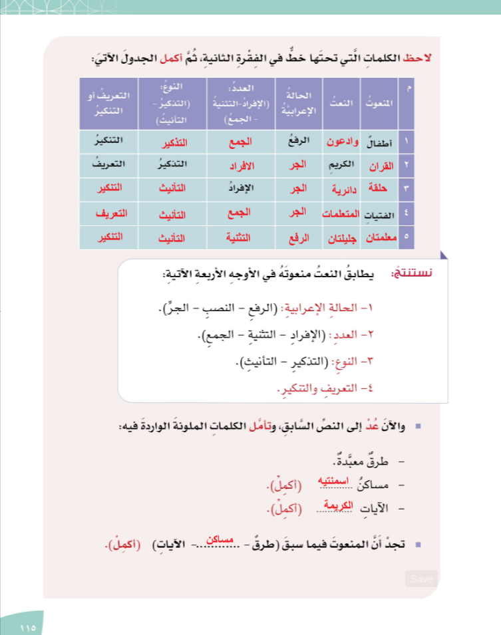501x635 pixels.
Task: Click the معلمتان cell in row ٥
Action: pyautogui.click(x=379, y=238)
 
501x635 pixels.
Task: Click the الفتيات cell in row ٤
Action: pyautogui.click(x=380, y=214)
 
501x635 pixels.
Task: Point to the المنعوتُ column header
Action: pyautogui.click(x=379, y=103)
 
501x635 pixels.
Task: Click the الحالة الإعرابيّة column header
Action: pyautogui.click(x=298, y=103)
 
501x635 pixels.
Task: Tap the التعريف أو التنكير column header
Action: pyautogui.click(x=108, y=103)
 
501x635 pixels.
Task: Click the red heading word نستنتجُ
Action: pyautogui.click(x=407, y=273)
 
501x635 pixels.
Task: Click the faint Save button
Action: pyautogui.click(x=421, y=578)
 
